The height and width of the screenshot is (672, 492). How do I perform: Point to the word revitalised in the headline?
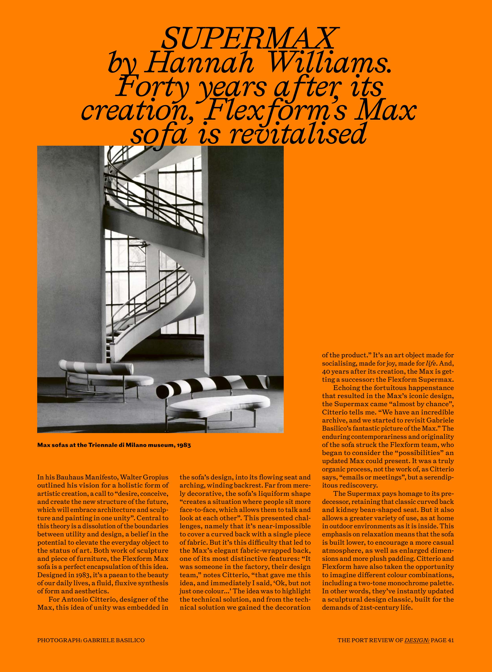[298, 133]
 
